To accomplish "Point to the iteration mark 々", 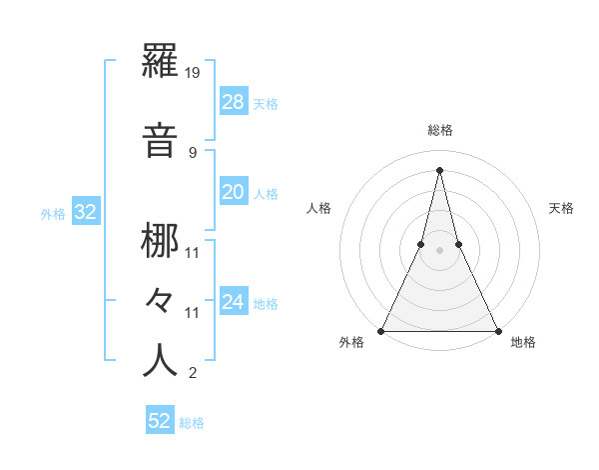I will point(161,301).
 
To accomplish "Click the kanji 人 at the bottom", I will point(161,360).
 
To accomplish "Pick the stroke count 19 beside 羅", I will point(194,73).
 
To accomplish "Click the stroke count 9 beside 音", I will point(192,153).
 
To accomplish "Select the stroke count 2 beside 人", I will point(192,374).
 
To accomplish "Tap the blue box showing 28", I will point(233,102).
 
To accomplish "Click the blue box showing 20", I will point(233,192).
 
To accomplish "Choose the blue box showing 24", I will point(233,302).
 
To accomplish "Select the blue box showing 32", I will point(85,212).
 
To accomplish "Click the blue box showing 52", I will point(160,421).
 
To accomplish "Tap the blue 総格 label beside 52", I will point(192,423).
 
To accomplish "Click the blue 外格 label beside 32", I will point(53,214).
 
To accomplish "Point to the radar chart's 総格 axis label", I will point(439,130).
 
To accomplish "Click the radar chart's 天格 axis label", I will point(562,208).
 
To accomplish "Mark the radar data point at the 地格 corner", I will point(497,330).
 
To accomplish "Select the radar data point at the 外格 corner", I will point(381,330).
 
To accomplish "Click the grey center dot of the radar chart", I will point(439,250).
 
